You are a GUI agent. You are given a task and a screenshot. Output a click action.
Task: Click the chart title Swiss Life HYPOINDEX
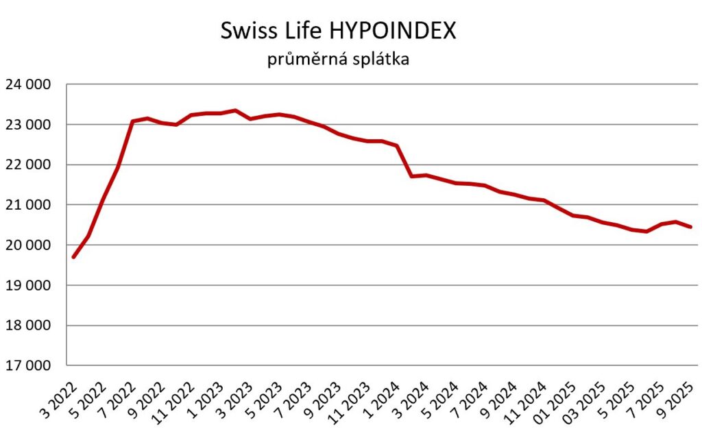click(338, 31)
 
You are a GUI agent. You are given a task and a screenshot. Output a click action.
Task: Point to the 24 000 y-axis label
click(28, 85)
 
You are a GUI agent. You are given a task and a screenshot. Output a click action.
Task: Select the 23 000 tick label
click(28, 125)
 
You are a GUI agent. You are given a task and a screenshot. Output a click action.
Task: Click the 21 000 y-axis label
click(28, 205)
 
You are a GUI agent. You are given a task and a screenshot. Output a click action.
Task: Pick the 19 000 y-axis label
click(28, 285)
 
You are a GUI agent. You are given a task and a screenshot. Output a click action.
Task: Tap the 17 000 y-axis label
click(28, 365)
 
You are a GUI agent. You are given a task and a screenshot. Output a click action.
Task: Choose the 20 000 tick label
click(28, 245)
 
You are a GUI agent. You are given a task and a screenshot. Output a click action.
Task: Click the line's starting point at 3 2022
click(73, 257)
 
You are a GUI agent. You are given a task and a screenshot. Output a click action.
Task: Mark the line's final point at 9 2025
click(691, 227)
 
